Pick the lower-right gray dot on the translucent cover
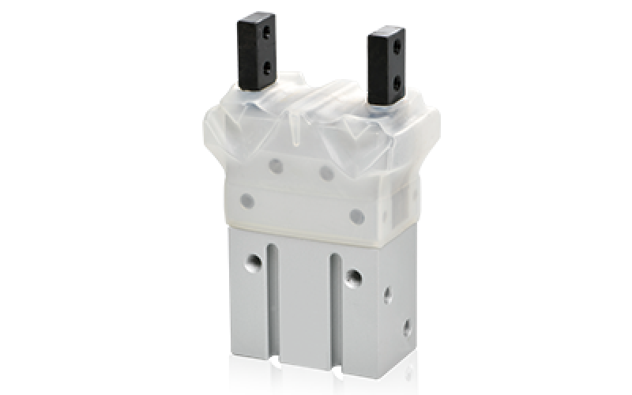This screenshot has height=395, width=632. tap(356, 212)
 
